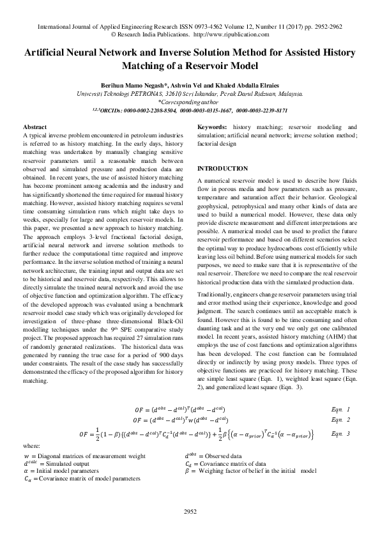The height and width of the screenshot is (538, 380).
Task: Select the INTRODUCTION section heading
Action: tap(223, 168)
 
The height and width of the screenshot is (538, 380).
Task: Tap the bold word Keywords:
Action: tap(213, 127)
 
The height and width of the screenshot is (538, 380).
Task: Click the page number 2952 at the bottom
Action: tap(190, 512)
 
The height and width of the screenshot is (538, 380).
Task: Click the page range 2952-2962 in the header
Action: tap(324, 27)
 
